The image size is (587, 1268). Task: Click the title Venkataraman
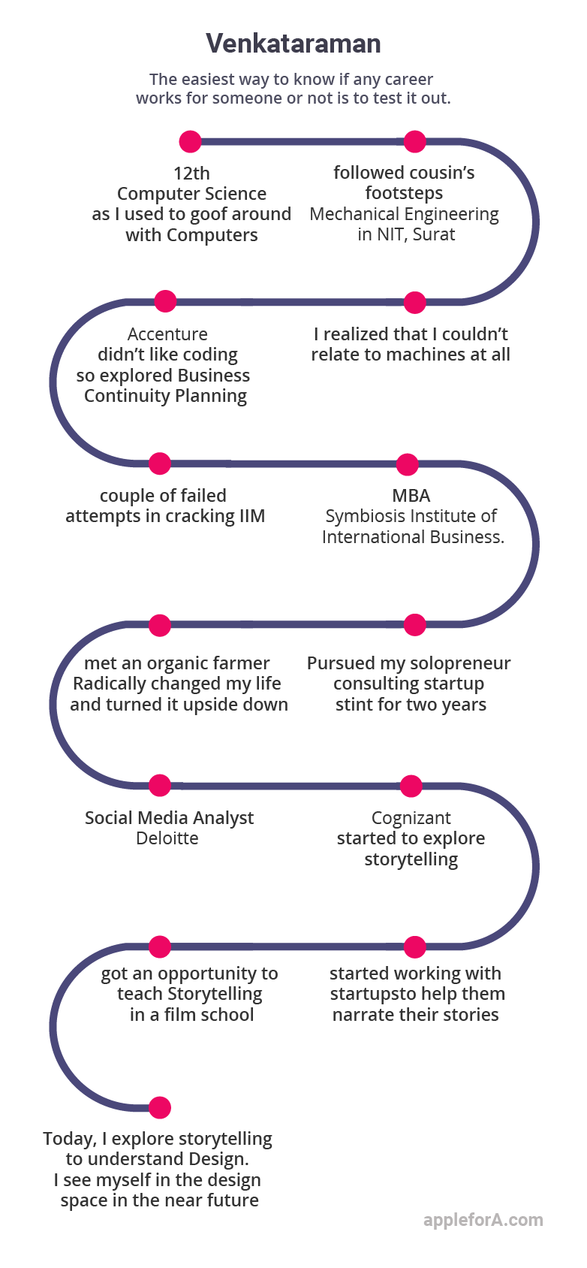(x=293, y=44)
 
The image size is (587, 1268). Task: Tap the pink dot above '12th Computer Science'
(x=190, y=141)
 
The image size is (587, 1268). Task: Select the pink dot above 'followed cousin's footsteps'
(x=414, y=141)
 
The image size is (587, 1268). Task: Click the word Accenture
(x=167, y=334)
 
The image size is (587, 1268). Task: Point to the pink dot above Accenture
(x=165, y=302)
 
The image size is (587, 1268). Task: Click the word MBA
(x=411, y=496)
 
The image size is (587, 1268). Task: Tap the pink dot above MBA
(x=407, y=464)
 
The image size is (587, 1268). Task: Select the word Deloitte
(x=167, y=838)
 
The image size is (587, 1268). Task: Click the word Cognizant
(x=411, y=818)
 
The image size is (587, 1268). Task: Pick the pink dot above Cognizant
(x=411, y=786)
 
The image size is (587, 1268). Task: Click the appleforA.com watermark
(x=483, y=1219)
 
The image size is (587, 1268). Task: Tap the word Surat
(x=434, y=234)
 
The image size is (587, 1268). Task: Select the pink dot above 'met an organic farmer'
(x=160, y=626)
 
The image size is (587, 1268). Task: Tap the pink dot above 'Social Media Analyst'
(x=160, y=786)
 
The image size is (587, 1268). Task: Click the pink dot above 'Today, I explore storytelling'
(x=160, y=1108)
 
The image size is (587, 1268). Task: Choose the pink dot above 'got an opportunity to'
(x=160, y=946)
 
